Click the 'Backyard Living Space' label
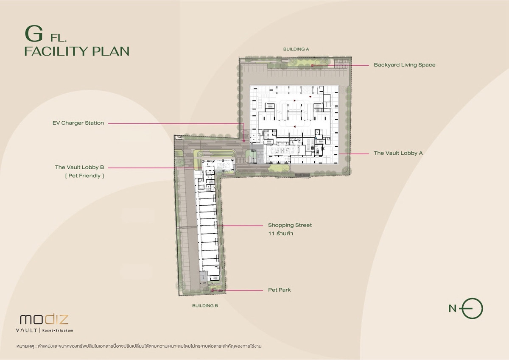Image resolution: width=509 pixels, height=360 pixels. [405, 65]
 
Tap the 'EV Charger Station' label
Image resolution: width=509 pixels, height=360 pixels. [78, 123]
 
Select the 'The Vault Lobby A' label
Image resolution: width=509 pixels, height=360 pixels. [398, 153]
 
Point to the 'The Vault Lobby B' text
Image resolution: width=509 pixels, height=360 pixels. [80, 167]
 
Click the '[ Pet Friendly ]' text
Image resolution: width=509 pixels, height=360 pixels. [84, 176]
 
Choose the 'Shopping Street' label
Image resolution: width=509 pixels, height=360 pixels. [290, 225]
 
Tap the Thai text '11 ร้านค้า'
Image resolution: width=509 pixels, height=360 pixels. [280, 233]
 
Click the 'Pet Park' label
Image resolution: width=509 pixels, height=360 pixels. [279, 290]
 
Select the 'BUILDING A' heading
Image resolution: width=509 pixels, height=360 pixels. [296, 49]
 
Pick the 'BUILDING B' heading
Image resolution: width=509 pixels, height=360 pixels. [205, 306]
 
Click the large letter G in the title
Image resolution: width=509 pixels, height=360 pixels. [34, 33]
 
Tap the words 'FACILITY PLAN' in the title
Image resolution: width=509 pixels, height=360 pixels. [77, 51]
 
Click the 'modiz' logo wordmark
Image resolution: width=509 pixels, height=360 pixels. [44, 320]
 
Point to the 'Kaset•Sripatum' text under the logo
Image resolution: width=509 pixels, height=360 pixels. [58, 330]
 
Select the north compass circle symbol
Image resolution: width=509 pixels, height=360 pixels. [473, 308]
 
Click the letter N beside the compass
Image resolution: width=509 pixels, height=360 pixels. [453, 308]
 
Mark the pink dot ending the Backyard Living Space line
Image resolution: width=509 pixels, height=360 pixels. [312, 65]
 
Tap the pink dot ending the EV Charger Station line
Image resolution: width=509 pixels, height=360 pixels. [243, 141]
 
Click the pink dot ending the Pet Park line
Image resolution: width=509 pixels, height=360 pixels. [212, 290]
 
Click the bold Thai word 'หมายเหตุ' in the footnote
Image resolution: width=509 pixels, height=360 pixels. [25, 346]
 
